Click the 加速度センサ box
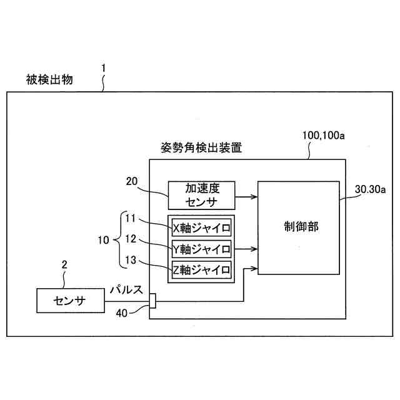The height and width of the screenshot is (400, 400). (200, 195)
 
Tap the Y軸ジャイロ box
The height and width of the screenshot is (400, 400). (201, 249)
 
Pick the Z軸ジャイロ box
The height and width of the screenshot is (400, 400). (201, 270)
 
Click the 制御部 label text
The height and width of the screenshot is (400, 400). (300, 227)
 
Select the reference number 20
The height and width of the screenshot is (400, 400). (132, 182)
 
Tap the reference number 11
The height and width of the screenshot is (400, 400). (130, 218)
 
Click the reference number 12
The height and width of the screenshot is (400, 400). (130, 239)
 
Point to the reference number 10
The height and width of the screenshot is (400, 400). (104, 239)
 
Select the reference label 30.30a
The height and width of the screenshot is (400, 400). (371, 189)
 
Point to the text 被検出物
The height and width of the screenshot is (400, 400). (49, 79)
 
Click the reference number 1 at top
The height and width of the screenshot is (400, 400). (104, 67)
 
